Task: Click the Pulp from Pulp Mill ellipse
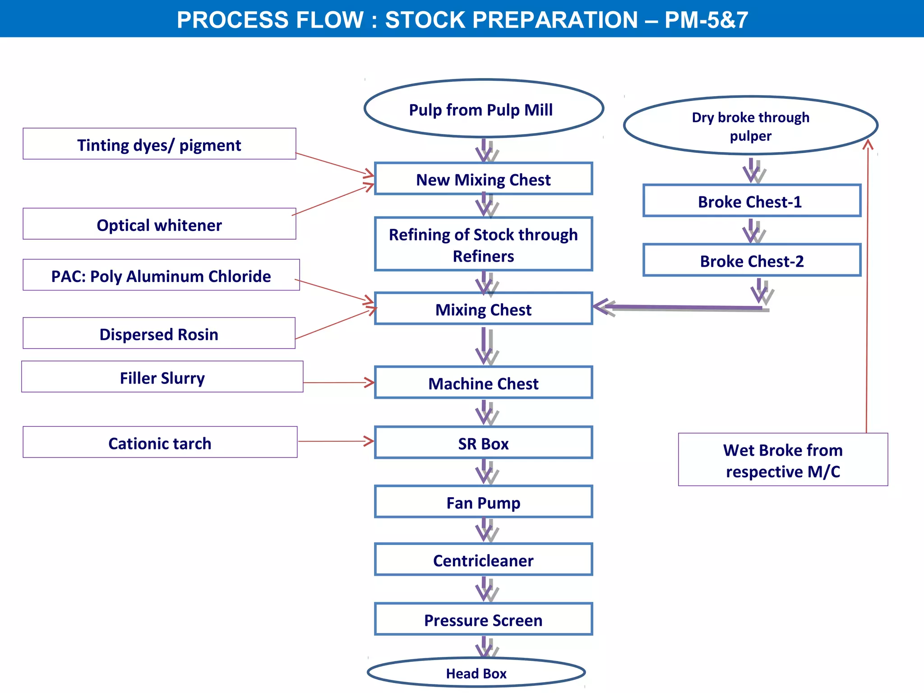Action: [x=484, y=109]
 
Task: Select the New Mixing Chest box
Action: [x=483, y=179]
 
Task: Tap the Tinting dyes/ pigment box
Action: [x=159, y=144]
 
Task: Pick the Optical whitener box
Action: [x=159, y=224]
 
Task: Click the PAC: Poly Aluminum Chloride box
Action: [x=161, y=275]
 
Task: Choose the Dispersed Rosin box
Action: [x=159, y=333]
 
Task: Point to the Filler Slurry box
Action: [x=162, y=377]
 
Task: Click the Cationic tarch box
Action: [x=160, y=442]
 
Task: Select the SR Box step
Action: [x=483, y=443]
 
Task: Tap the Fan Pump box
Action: [x=483, y=502]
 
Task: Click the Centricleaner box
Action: [x=483, y=559]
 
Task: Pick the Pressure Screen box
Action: [x=483, y=619]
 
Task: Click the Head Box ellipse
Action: [x=476, y=673]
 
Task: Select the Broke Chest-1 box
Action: [x=752, y=201]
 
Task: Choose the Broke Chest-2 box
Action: [x=752, y=260]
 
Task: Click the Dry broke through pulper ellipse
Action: [x=751, y=125]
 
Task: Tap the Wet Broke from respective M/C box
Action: [x=783, y=460]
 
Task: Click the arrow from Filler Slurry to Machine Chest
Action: [x=338, y=383]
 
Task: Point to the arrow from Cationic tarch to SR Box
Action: [x=336, y=441]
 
